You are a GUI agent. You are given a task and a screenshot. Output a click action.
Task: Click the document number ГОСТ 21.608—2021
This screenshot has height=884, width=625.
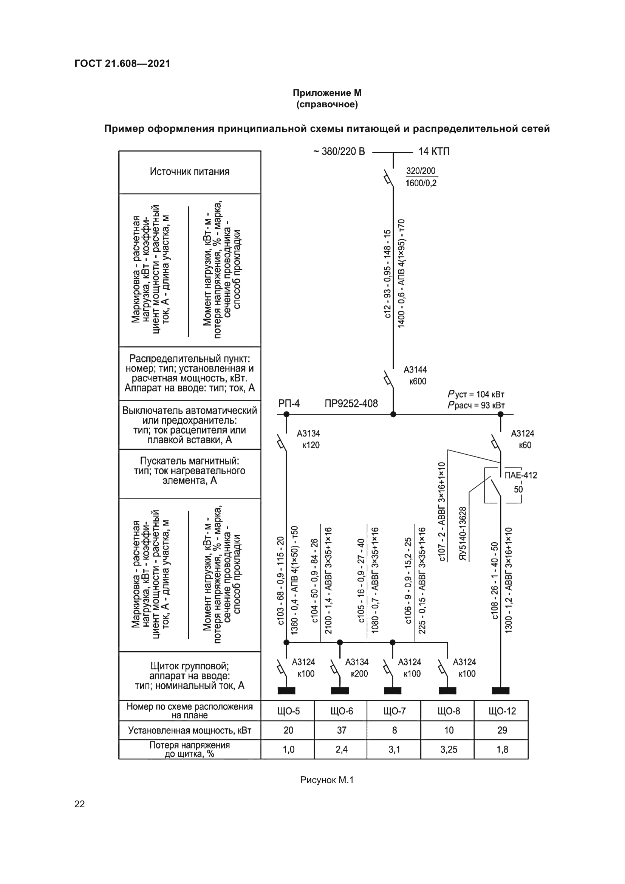click(122, 63)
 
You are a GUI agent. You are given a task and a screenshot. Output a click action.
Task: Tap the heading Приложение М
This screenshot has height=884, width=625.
click(327, 93)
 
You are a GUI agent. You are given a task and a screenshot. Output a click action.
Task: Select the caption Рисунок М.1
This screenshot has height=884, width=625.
click(327, 780)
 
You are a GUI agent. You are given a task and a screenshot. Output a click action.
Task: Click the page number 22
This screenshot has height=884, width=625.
click(80, 804)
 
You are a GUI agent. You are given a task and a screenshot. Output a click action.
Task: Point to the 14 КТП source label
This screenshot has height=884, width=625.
click(434, 152)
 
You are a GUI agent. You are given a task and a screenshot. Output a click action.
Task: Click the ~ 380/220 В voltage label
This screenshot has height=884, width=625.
click(339, 152)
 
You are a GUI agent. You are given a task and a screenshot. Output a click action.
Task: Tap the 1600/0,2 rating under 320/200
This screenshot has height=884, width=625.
click(421, 183)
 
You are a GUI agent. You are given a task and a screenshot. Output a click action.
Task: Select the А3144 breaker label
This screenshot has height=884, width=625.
click(415, 370)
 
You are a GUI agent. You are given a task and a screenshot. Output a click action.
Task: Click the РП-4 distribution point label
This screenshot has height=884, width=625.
click(289, 404)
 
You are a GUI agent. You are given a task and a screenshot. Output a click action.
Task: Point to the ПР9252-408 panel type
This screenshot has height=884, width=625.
click(351, 404)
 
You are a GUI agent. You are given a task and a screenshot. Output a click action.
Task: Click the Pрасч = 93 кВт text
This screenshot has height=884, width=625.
click(476, 406)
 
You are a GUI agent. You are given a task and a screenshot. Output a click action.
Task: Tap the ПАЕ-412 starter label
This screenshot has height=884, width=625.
click(521, 475)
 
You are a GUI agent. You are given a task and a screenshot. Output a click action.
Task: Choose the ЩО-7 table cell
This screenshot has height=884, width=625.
click(394, 711)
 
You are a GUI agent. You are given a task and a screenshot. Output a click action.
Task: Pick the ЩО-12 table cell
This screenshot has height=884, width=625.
click(502, 711)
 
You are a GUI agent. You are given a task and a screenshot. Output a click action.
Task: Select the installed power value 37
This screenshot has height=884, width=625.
click(342, 731)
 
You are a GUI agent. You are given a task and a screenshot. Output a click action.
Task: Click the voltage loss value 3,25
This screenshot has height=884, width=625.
click(449, 749)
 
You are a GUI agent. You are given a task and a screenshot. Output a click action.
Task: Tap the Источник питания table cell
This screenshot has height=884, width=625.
click(190, 172)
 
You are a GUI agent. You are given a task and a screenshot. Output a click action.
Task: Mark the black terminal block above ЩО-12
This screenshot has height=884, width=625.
click(501, 691)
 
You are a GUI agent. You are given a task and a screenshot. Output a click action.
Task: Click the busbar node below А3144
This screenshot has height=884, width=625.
click(393, 415)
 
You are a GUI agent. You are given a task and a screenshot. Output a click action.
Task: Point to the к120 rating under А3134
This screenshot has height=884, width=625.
click(311, 446)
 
